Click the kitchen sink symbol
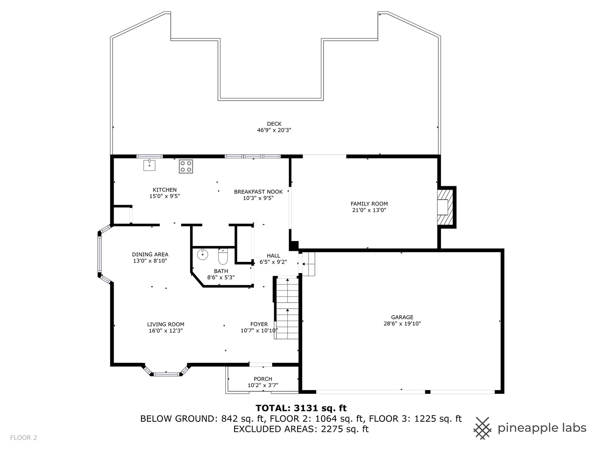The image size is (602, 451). coord(149,165)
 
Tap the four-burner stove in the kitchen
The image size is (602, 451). coord(186,166)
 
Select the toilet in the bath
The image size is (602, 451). coord(223,257)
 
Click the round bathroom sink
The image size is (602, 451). coord(202,253)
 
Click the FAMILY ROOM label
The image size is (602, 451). coord(369,204)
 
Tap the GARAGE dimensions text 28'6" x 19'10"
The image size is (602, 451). coord(402,323)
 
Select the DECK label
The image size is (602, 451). coord(274,124)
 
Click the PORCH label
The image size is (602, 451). coord(263,379)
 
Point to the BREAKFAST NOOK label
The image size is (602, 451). coord(258,192)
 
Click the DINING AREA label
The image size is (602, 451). coord(150,254)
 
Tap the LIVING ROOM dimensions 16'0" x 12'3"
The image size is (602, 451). coord(166,330)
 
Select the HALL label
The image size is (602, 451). coord(273,256)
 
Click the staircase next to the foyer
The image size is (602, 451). coord(287,309)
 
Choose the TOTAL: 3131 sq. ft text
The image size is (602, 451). coord(301,408)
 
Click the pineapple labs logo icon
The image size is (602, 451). coord(483,428)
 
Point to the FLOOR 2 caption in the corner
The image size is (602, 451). coord(24,438)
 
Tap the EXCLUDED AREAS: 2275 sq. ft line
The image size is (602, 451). coord(301,429)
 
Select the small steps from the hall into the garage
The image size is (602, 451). coord(309,264)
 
